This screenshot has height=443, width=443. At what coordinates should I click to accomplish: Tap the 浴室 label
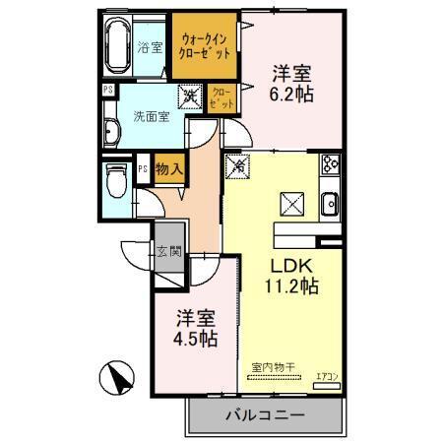tap(150, 46)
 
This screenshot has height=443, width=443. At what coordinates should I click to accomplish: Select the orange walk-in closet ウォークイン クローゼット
tap(206, 46)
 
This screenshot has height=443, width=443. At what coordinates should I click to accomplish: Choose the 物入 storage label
tap(168, 169)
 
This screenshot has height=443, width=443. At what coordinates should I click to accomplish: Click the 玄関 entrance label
tap(166, 250)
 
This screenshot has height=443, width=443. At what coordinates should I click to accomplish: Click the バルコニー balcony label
tap(263, 415)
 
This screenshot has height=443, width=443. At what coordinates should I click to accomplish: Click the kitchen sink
tap(329, 205)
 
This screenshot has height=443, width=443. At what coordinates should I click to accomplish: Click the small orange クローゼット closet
tap(222, 96)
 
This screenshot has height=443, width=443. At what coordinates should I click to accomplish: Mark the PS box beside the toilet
tap(143, 169)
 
